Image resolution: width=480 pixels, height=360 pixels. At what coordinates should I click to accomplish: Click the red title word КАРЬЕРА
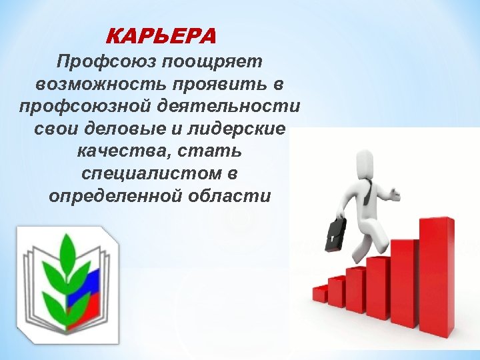click(x=161, y=35)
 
